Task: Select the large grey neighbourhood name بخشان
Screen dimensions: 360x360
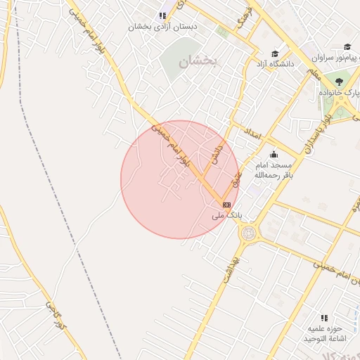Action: click(x=199, y=62)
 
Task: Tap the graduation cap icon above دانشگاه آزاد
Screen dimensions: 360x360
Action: click(x=275, y=53)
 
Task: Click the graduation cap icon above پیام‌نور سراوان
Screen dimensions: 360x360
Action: click(x=347, y=46)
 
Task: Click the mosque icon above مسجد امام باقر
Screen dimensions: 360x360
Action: click(x=273, y=155)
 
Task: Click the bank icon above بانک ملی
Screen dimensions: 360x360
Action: click(x=226, y=205)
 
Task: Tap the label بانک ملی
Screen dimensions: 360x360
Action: click(x=226, y=215)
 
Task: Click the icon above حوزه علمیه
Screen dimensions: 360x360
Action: click(x=324, y=318)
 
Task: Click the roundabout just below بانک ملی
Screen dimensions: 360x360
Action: click(x=248, y=233)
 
